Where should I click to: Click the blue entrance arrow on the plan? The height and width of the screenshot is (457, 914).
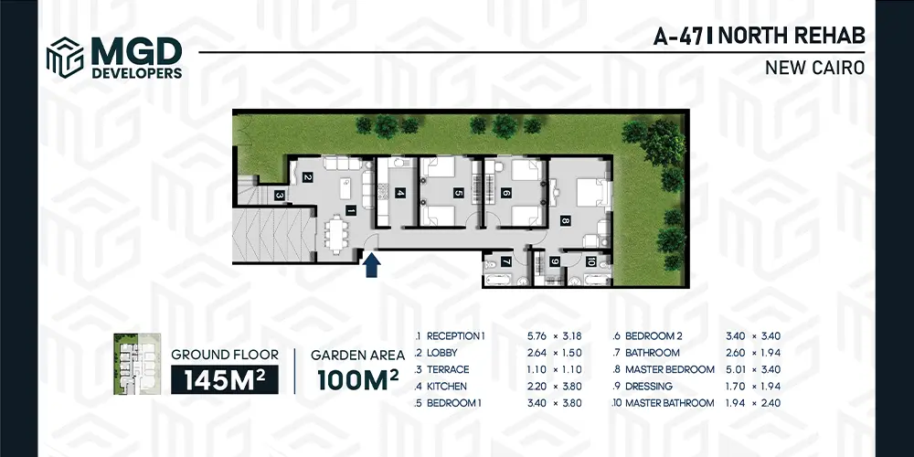tap(371, 264)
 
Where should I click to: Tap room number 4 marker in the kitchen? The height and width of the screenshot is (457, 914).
tap(400, 193)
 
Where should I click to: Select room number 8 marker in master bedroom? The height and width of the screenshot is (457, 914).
tap(565, 221)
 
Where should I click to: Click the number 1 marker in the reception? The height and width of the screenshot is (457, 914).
tap(350, 211)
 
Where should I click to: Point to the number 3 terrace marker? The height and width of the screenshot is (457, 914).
tap(280, 196)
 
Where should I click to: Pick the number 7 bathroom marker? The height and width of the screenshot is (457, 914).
tap(506, 262)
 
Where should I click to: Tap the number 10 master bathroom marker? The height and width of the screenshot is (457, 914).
tap(590, 262)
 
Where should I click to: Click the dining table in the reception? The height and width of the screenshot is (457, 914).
tap(335, 234)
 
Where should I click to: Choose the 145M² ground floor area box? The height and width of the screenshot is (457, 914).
tap(225, 379)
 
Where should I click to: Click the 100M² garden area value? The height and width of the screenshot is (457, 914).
tap(358, 379)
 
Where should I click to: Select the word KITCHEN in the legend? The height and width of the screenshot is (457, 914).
tap(447, 386)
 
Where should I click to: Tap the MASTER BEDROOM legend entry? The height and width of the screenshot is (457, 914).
tap(670, 369)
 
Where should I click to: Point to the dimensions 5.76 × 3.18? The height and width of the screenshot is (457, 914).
tap(555, 335)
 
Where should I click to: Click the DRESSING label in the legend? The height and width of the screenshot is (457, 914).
tap(649, 386)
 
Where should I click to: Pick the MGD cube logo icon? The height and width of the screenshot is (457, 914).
tap(65, 57)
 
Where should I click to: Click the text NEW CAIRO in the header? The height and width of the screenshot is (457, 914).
tap(815, 68)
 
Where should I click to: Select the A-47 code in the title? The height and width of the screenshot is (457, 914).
tap(678, 37)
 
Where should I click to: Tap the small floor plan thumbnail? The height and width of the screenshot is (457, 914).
tap(137, 365)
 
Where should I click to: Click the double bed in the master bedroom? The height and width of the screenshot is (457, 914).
tap(593, 193)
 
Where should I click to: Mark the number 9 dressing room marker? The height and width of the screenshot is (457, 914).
tap(555, 262)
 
